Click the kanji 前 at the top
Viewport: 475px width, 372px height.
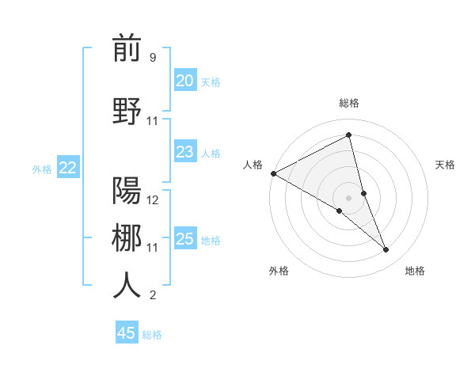127,49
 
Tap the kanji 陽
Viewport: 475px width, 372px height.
127,191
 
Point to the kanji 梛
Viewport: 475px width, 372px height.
127,237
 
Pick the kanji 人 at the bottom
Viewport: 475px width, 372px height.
127,286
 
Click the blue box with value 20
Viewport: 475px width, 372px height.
184,81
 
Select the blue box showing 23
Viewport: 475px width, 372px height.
184,152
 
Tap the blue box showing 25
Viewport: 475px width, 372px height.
184,239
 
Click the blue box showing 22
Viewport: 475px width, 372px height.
67,168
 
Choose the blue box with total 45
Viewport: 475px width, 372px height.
126,333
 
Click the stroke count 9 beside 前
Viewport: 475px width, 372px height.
152,58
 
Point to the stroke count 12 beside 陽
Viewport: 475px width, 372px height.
153,200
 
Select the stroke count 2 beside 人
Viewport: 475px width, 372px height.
152,295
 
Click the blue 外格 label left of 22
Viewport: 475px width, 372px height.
42,169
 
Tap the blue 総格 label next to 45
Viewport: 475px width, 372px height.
152,334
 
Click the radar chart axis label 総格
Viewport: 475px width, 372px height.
348,103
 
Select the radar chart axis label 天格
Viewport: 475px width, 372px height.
445,165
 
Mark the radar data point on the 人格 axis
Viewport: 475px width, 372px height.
273,173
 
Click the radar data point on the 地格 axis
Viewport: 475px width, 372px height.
386,250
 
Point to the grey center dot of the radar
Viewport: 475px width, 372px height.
348,197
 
